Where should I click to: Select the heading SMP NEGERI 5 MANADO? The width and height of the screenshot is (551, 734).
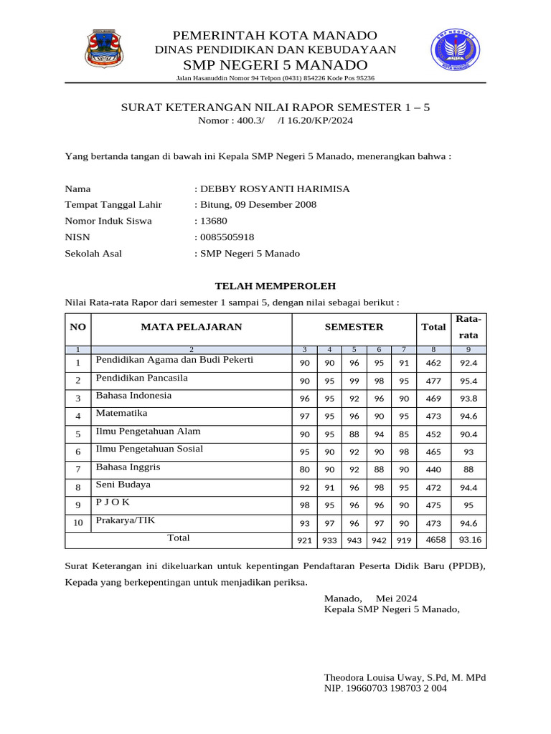[x=276, y=65]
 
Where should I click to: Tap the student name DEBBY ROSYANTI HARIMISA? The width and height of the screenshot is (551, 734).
[x=275, y=189]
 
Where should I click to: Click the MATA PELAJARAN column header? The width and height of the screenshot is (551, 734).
[x=191, y=327]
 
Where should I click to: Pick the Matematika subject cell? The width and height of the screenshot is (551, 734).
[x=122, y=414]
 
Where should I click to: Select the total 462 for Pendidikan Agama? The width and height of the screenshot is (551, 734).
[x=433, y=363]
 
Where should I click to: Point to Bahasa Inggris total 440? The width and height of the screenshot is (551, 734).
[x=433, y=470]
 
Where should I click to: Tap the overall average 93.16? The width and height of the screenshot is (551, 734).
[x=470, y=539]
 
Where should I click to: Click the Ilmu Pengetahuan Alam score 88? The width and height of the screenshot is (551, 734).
[x=354, y=434]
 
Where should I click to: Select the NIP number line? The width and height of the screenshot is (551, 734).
[x=385, y=688]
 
